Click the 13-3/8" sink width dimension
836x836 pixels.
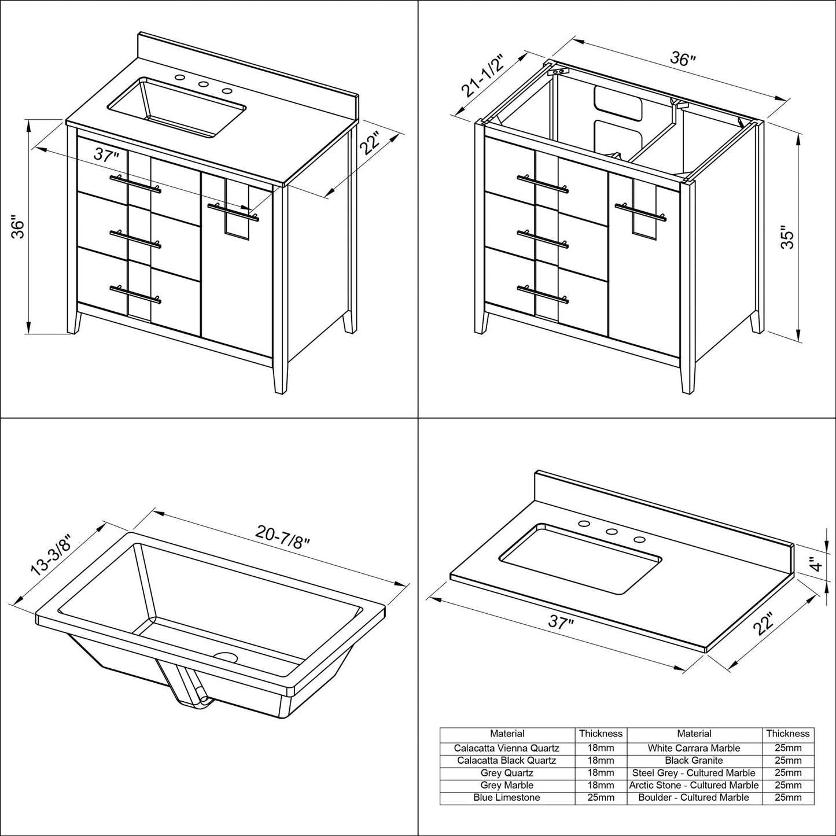point(52,555)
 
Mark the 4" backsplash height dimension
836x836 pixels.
point(815,564)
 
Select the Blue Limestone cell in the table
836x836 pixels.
point(507,797)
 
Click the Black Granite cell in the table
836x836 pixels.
point(694,760)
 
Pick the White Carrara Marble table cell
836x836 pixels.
point(694,748)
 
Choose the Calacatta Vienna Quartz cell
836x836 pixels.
point(507,748)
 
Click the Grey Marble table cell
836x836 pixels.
point(507,785)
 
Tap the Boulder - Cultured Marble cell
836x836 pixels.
point(694,797)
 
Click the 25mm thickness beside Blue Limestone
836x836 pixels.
point(601,797)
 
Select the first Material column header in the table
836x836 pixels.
point(507,734)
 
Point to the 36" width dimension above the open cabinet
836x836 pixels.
point(683,59)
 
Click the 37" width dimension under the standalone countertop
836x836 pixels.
point(561,624)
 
